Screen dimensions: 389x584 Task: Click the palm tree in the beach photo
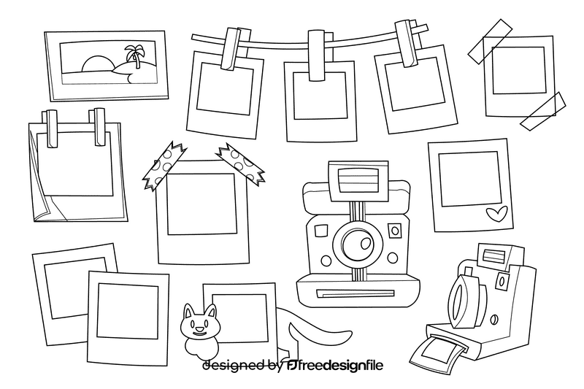click(134, 55)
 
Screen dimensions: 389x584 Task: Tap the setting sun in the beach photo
click(96, 65)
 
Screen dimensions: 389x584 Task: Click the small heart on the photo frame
click(498, 214)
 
